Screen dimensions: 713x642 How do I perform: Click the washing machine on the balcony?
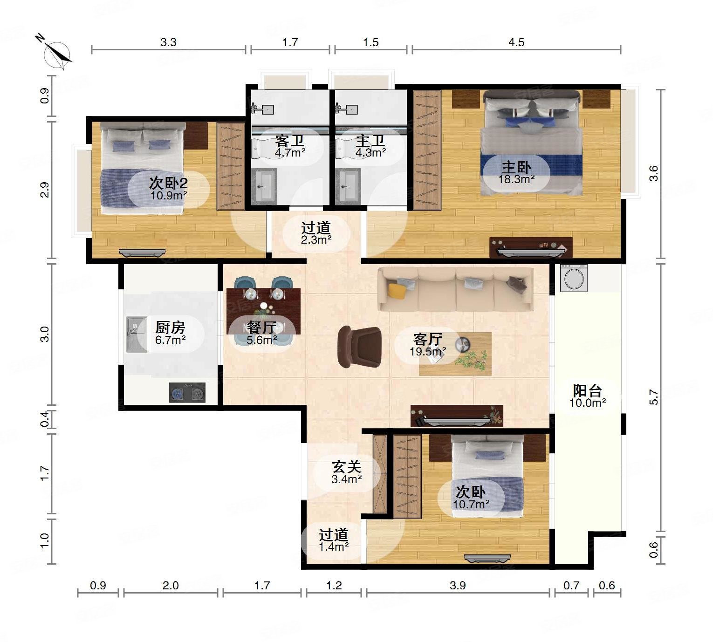(574, 278)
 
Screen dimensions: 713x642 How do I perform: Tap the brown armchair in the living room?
(359, 347)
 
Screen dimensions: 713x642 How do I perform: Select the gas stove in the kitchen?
(187, 392)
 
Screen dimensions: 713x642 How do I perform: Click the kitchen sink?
(137, 334)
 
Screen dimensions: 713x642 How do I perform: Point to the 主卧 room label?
(516, 167)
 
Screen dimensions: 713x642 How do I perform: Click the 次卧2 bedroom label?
(168, 183)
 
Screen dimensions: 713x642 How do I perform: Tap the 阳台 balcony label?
(587, 391)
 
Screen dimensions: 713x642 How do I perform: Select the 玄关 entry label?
(347, 467)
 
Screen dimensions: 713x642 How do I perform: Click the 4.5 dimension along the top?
(516, 42)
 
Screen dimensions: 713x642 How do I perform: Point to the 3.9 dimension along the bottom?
(458, 585)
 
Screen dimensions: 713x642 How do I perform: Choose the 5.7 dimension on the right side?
(654, 397)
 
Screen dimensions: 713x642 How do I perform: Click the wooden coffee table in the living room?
(455, 354)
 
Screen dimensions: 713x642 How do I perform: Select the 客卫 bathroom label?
(290, 141)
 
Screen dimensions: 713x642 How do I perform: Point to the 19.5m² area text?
(428, 352)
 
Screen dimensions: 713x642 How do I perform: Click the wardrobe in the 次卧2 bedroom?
(231, 166)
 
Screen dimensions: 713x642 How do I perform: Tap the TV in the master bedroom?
(531, 252)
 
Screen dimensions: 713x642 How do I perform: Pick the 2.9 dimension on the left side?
(45, 190)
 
